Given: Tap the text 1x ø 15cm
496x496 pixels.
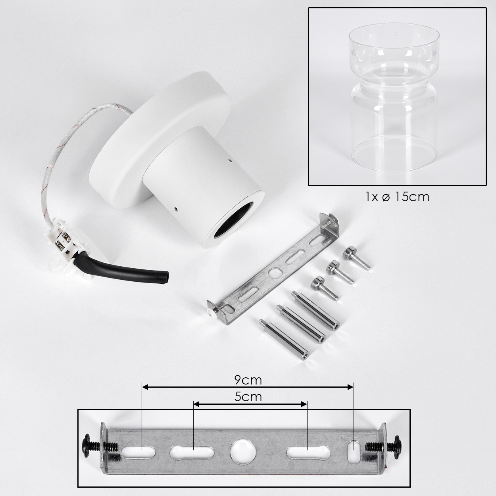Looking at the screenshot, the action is tap(397, 197).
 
